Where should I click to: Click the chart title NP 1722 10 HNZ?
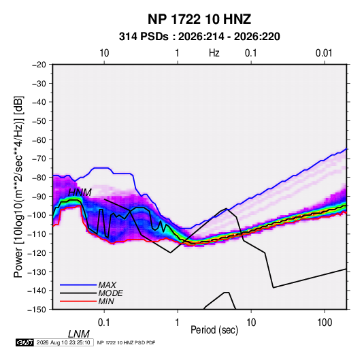(199, 19)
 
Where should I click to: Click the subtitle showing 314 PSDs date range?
(199, 37)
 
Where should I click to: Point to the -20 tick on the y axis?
(39, 65)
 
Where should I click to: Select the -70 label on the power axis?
(39, 159)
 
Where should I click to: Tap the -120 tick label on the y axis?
(37, 252)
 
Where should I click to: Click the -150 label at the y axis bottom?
(37, 310)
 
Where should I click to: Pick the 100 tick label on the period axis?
(325, 323)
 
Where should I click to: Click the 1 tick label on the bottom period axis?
(178, 323)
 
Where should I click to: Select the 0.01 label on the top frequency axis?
(324, 53)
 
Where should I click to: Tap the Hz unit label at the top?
(214, 53)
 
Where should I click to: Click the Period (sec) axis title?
(214, 330)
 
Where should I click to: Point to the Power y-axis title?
(18, 187)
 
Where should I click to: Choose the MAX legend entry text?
(107, 284)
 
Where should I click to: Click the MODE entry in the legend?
(110, 293)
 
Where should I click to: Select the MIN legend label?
(106, 301)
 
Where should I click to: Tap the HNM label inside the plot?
(80, 193)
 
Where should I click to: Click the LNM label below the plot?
(78, 334)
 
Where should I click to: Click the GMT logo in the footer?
(24, 342)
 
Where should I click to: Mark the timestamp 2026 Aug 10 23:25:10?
(63, 342)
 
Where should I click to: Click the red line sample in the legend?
(78, 301)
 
